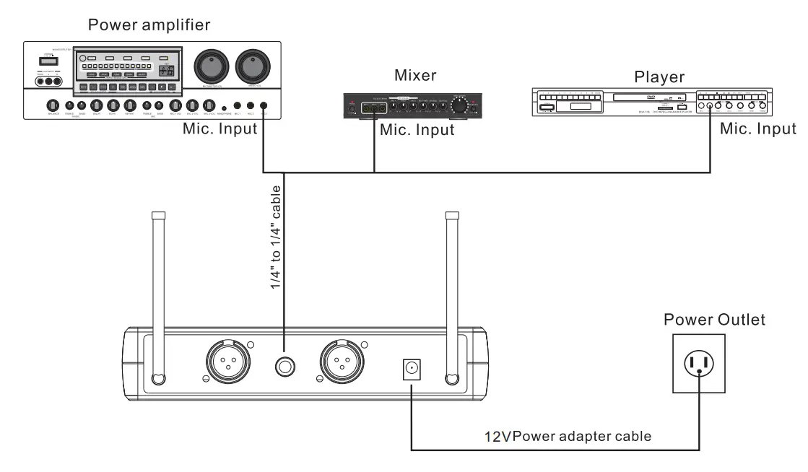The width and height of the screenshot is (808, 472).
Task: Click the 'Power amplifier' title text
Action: tap(149, 25)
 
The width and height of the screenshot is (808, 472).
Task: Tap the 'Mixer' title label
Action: tap(415, 75)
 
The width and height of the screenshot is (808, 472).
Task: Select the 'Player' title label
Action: tap(659, 77)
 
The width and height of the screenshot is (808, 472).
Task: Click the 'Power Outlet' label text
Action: tap(714, 319)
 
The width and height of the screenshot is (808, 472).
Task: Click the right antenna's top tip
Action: tap(452, 215)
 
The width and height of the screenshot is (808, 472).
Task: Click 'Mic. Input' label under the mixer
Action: tap(417, 130)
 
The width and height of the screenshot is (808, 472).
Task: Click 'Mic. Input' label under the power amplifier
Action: tap(220, 129)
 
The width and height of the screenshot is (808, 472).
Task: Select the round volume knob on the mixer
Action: tap(458, 106)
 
